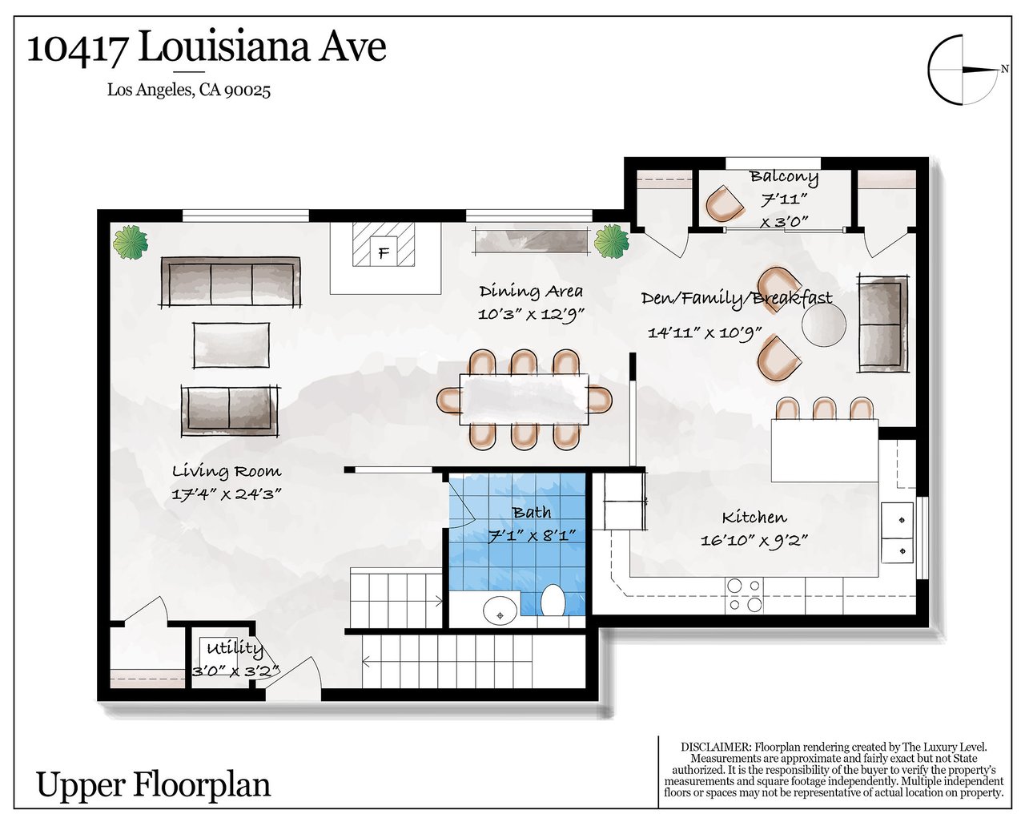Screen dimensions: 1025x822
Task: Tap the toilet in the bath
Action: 553,599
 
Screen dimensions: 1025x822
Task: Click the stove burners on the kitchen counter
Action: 744,595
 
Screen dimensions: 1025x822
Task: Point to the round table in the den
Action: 823,324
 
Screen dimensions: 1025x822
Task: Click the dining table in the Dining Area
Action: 524,399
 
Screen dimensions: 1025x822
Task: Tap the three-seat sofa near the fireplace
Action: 231,282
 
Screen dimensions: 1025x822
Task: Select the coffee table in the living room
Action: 231,345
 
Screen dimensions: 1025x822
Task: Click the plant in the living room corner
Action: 131,243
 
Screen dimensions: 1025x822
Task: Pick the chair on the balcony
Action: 724,203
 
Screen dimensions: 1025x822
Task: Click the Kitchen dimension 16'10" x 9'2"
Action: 754,540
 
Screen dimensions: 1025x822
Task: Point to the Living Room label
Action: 227,471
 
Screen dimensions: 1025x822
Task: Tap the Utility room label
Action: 235,648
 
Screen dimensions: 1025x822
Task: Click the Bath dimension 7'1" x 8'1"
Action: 533,536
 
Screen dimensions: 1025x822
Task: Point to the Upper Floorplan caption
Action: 154,785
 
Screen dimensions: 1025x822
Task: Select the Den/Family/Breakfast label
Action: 737,298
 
